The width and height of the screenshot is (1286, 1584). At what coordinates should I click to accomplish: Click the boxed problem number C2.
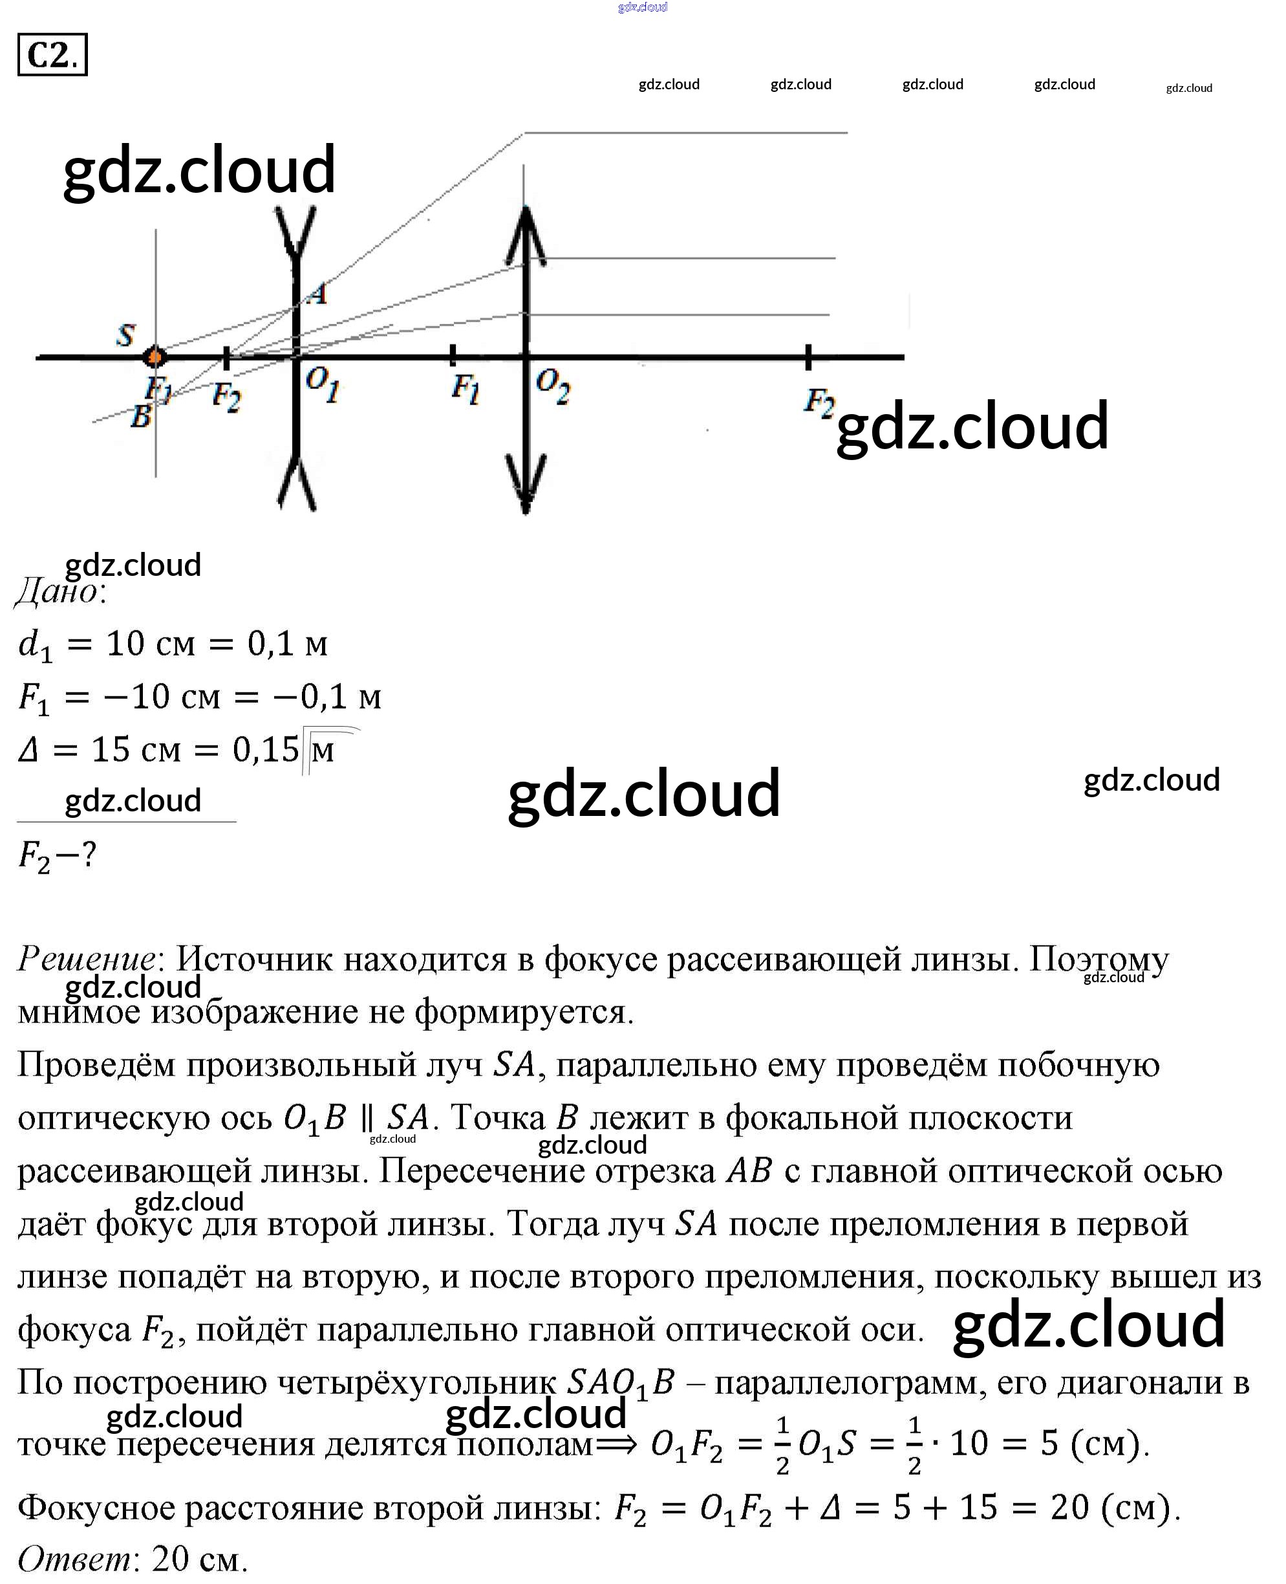click(52, 55)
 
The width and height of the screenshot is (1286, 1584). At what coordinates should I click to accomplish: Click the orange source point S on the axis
click(155, 357)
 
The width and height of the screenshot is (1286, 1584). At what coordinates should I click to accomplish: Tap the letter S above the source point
click(126, 335)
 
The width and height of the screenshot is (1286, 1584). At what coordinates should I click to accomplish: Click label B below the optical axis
click(140, 417)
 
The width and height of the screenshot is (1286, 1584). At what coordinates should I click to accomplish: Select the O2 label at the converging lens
click(553, 386)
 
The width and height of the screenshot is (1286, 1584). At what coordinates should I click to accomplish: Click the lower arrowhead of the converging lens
click(525, 483)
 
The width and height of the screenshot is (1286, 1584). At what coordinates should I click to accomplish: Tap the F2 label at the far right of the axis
click(819, 402)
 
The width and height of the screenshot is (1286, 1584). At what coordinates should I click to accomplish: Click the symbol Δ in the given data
click(28, 750)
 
